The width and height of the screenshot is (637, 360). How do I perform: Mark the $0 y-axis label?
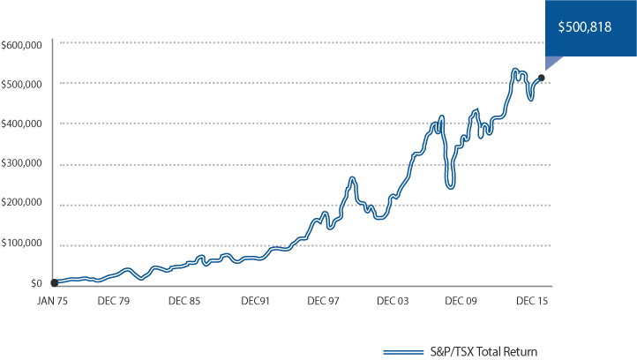coord(36,283)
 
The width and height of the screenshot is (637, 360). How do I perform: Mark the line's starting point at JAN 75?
coord(55,282)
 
